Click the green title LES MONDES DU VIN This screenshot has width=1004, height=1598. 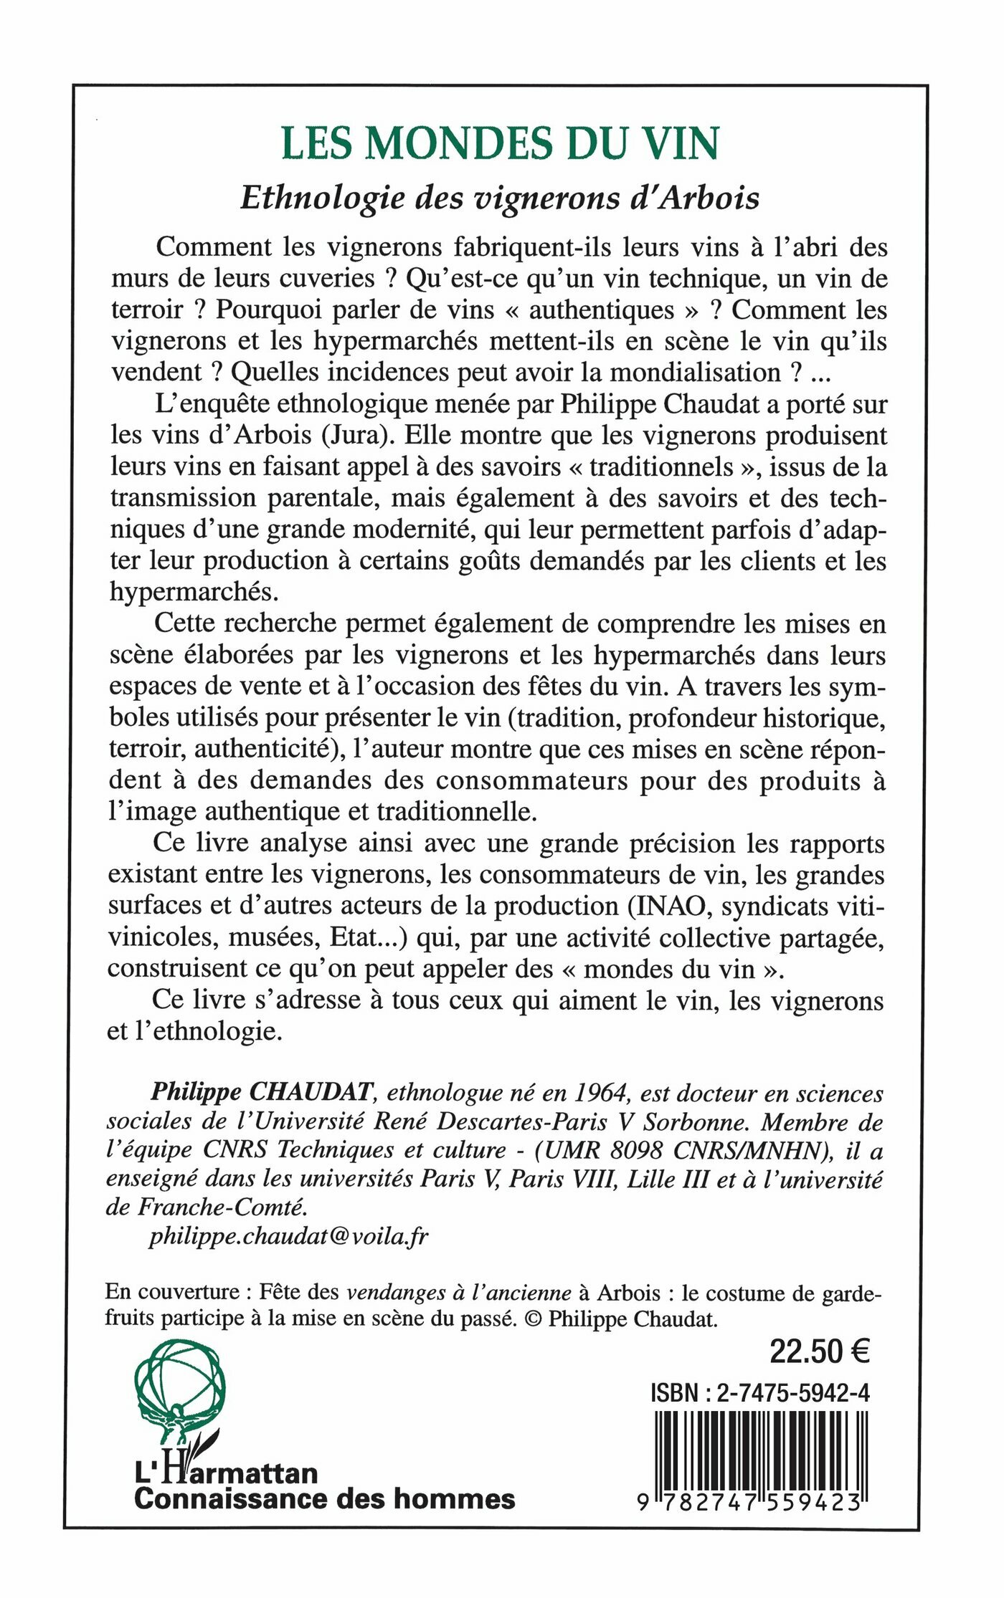tap(500, 143)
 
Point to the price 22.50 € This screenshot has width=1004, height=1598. tap(819, 1351)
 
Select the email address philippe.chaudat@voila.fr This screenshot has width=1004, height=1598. tap(288, 1236)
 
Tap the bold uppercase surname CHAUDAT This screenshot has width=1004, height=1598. tap(311, 1093)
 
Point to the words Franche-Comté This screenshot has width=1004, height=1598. tap(222, 1207)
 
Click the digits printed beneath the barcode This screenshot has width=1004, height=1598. tap(749, 1501)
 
